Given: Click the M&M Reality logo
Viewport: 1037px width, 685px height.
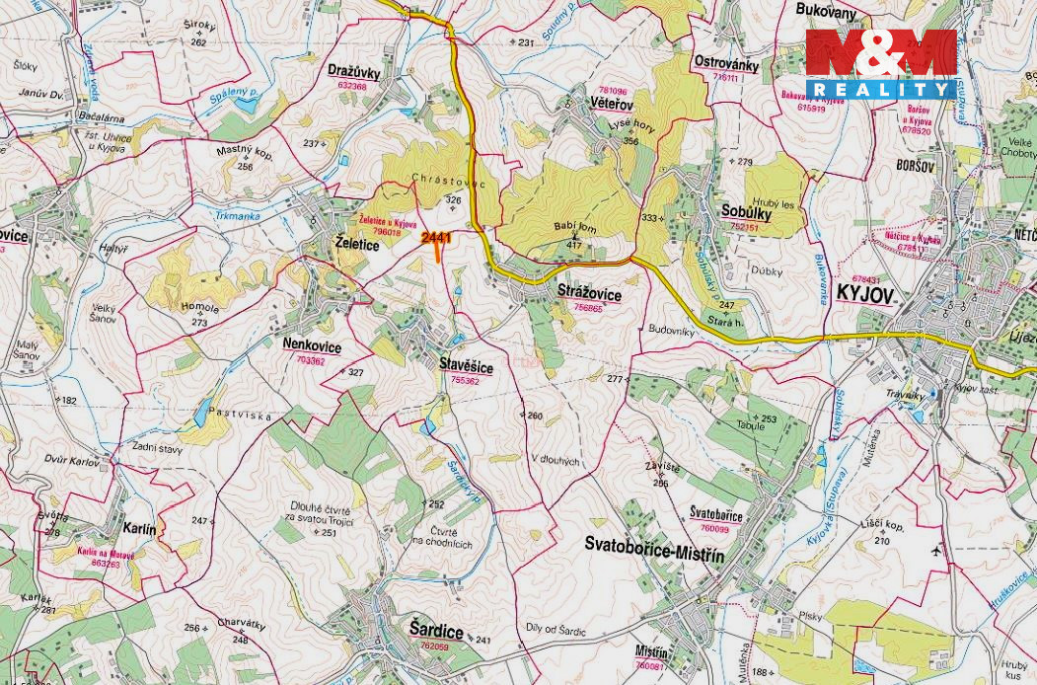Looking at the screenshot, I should coord(880,64).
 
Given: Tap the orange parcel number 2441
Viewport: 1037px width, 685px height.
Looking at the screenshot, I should coord(436,238).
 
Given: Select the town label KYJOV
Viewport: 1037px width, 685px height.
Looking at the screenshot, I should coord(864,294).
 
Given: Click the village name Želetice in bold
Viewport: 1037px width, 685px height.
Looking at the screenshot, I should coord(357,245).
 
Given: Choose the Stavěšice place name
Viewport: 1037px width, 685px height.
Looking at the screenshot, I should coord(466,364).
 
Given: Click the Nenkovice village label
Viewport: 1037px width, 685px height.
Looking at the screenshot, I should coord(312,346).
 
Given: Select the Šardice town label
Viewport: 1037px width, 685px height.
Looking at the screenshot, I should coord(436,630).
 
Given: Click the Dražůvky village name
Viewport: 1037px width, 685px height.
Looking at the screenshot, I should coord(353,72).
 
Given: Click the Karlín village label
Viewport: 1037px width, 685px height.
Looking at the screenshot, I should coord(139,529).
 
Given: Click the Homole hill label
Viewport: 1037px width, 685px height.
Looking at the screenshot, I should coord(200,307).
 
